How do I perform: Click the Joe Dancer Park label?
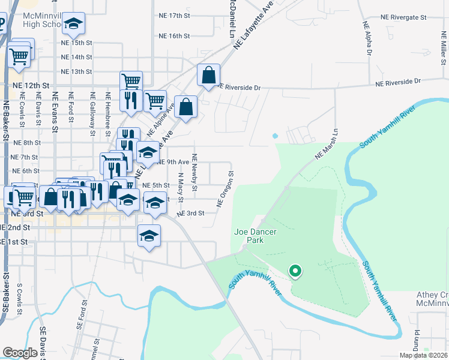pyautogui.click(x=249, y=235)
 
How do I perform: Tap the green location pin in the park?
pyautogui.click(x=295, y=272)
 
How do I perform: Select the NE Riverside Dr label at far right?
pyautogui.click(x=399, y=80)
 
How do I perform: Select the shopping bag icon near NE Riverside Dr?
pyautogui.click(x=208, y=76)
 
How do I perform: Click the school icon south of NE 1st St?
pyautogui.click(x=149, y=235)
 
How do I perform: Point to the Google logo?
pyautogui.click(x=20, y=353)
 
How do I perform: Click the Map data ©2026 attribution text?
pyautogui.click(x=423, y=355)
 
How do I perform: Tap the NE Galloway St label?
pyautogui.click(x=92, y=110)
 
